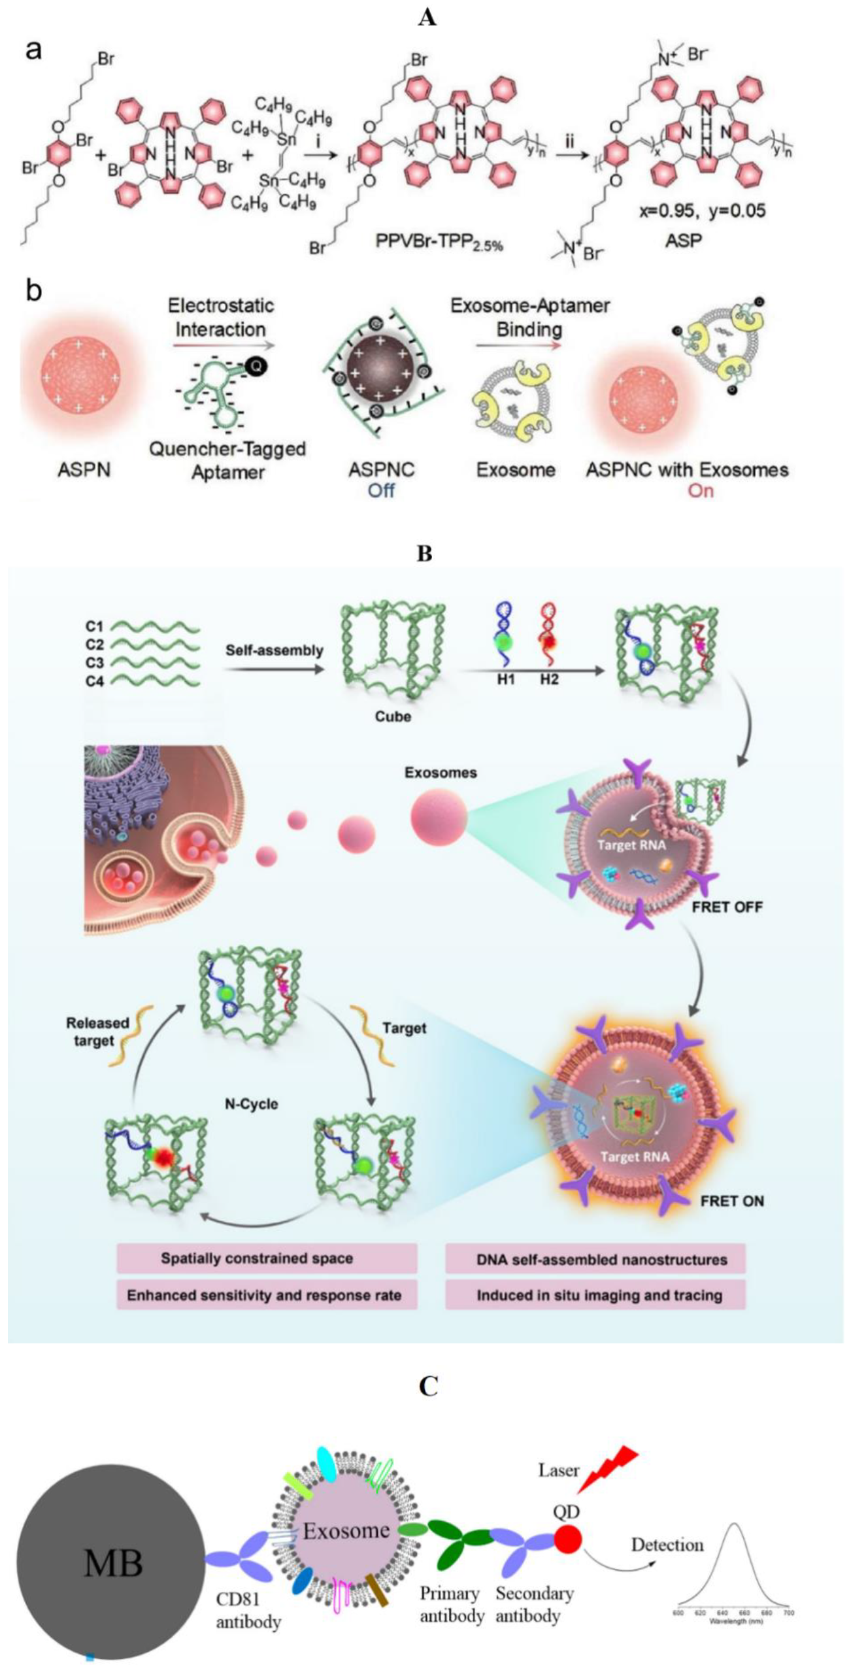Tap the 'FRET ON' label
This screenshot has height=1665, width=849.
point(731,1201)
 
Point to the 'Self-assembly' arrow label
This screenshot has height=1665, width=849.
point(275,650)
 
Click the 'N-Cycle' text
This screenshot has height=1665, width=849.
point(251,1104)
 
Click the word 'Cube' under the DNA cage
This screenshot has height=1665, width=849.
point(393,716)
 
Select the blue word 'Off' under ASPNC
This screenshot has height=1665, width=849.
point(381,490)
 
